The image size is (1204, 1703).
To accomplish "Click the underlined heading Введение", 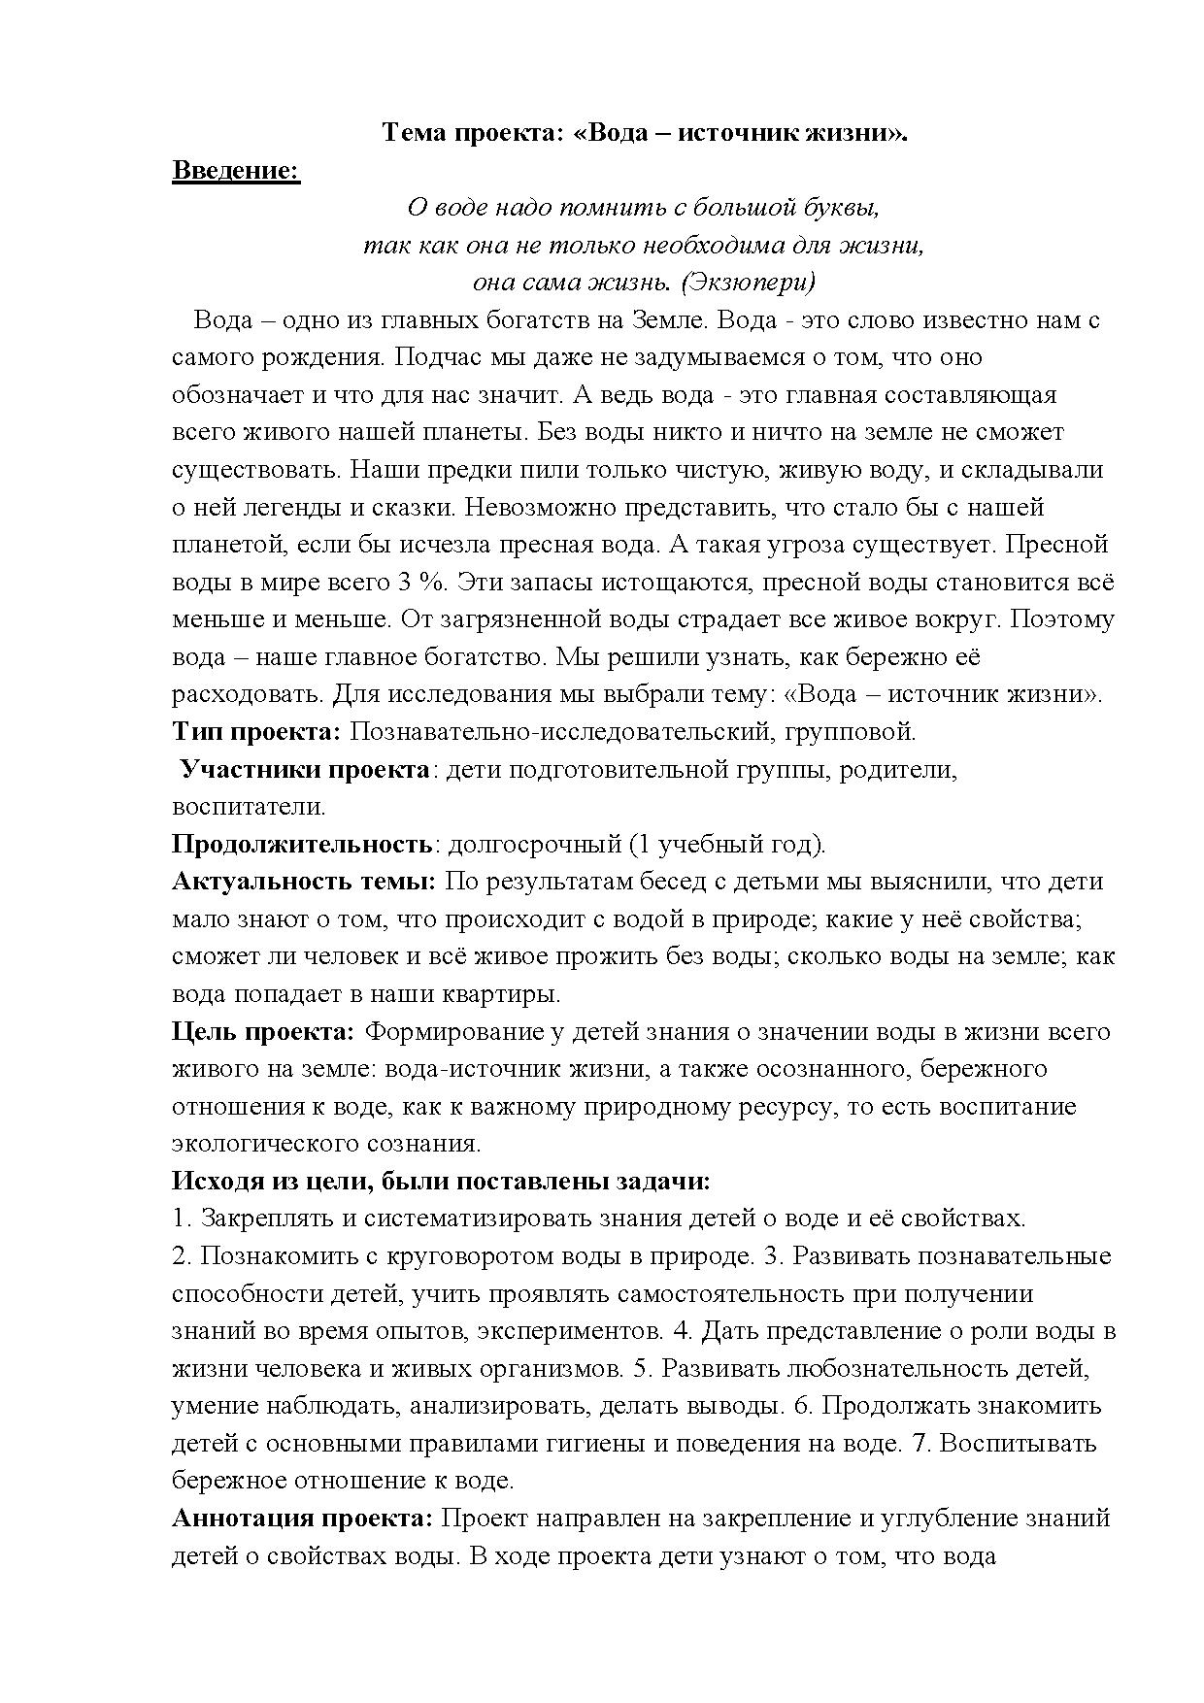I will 236,171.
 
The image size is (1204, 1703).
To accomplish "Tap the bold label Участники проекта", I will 305,769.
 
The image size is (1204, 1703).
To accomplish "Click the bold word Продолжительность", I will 301,844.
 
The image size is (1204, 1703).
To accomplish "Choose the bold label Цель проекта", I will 263,1031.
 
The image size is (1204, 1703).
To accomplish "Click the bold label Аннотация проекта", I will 302,1519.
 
